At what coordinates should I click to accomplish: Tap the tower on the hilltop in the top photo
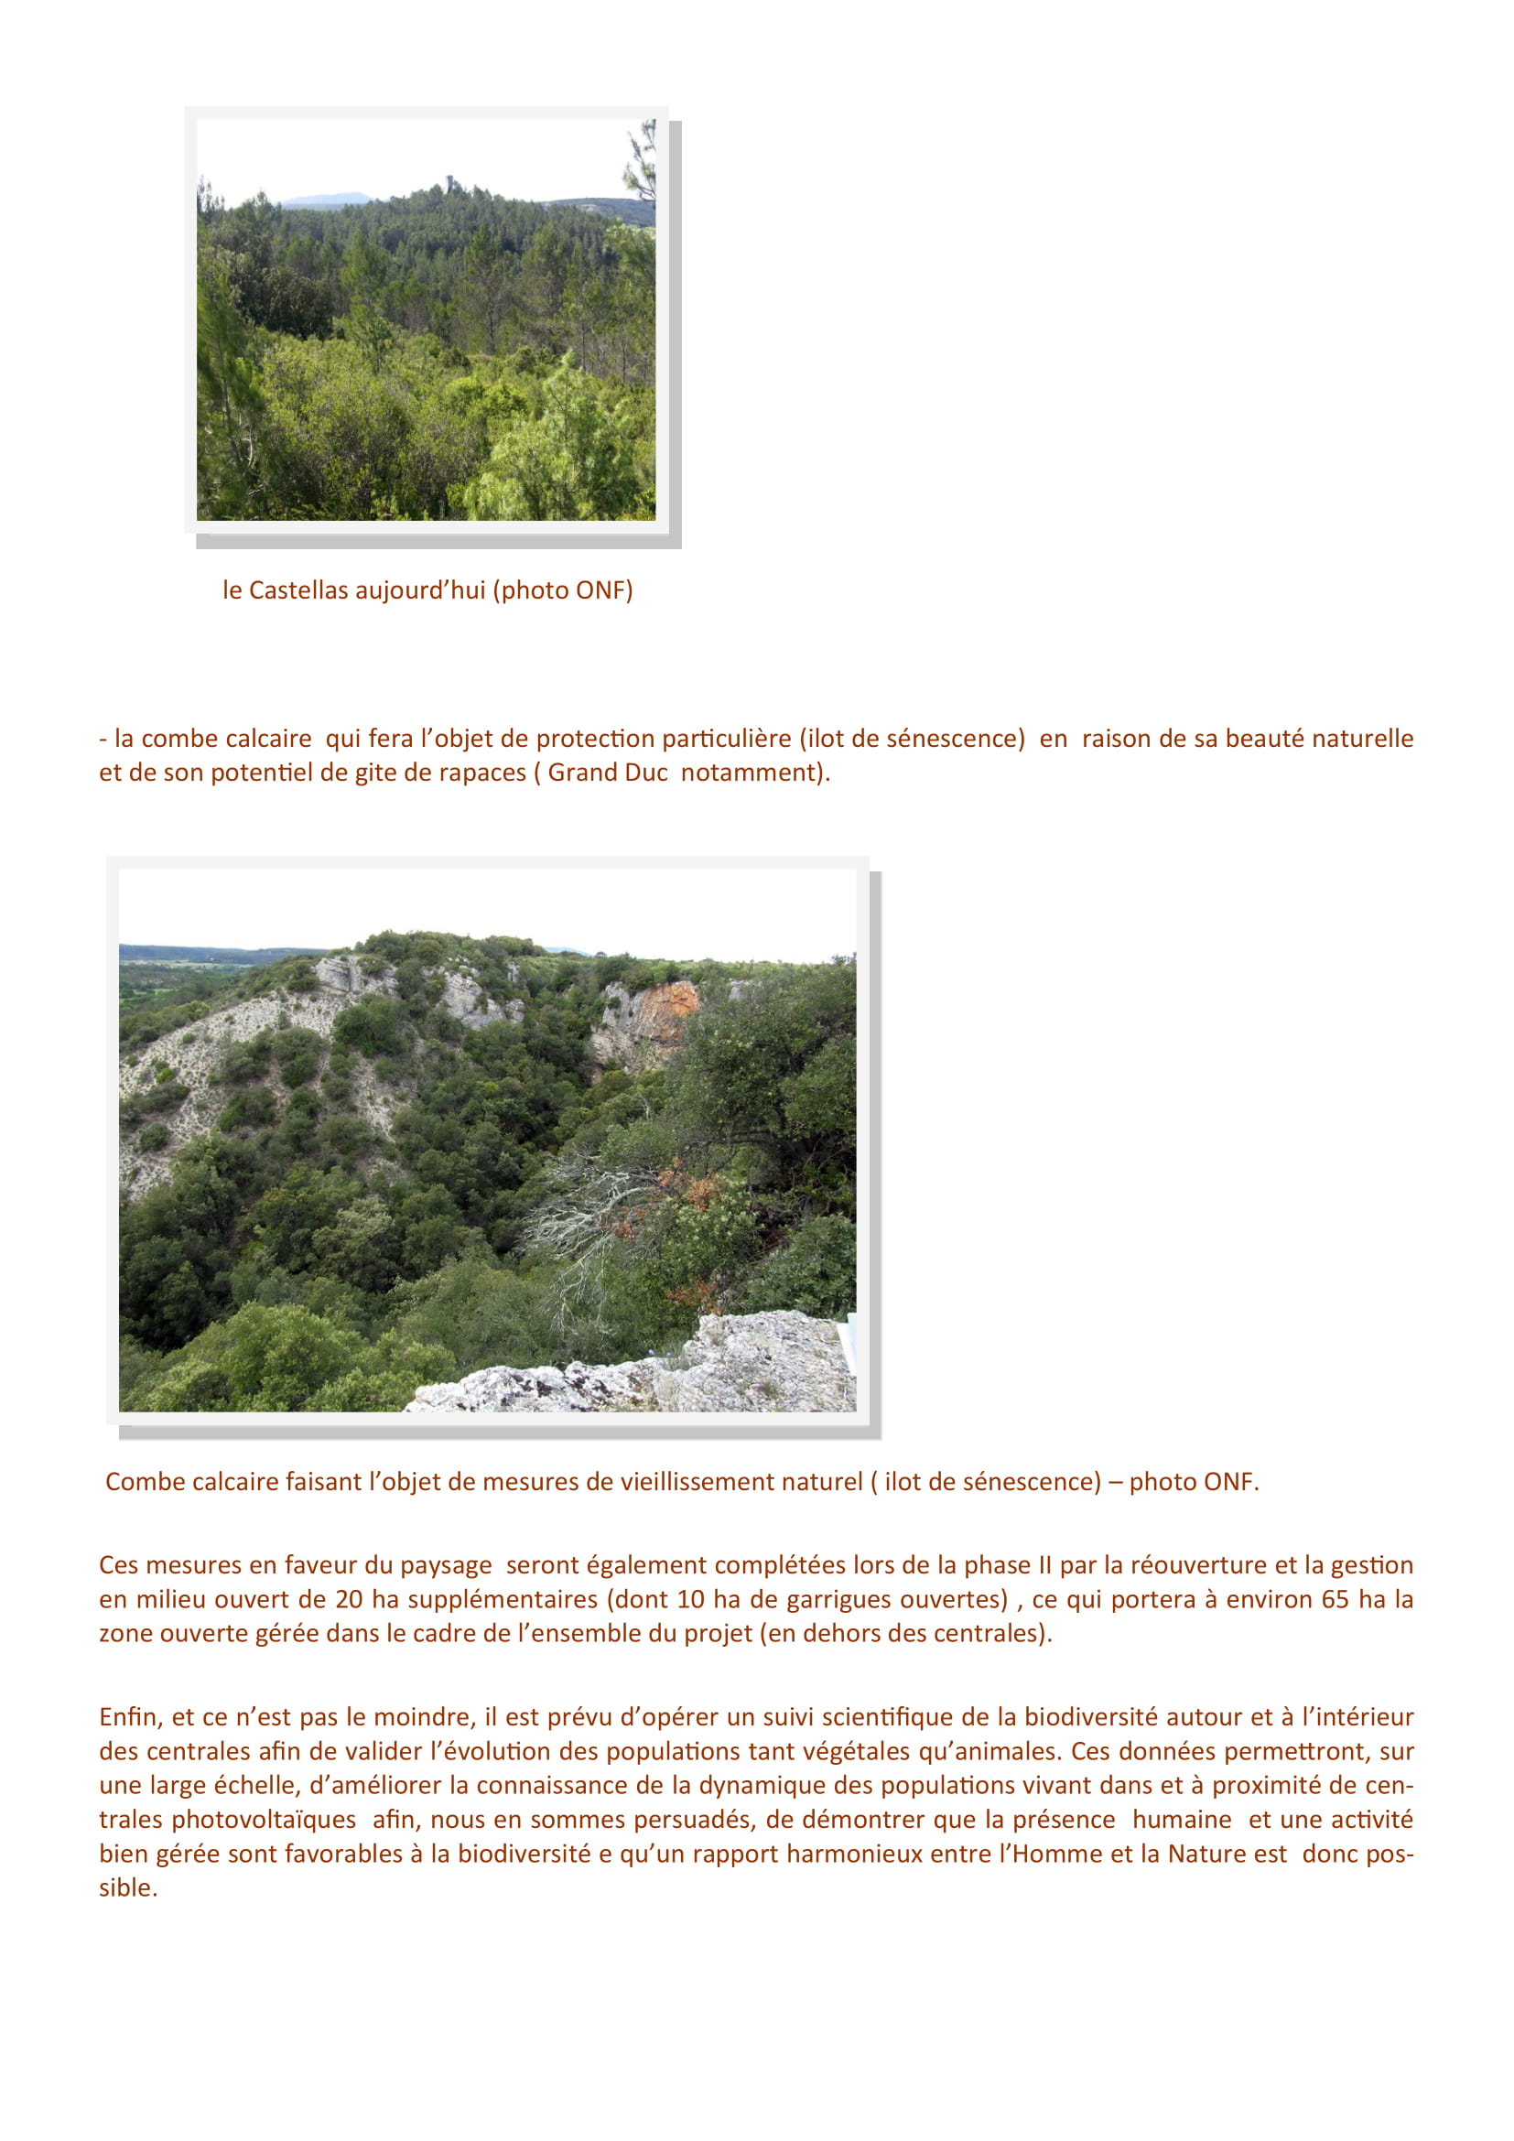[450, 181]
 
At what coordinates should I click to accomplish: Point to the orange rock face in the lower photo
[664, 1011]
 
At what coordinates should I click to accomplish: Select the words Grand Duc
[607, 773]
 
